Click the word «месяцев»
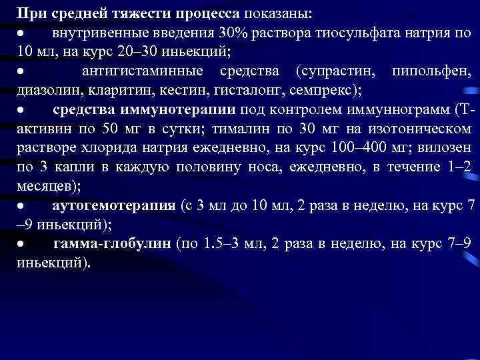(x=41, y=185)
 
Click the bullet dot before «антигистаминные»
(x=21, y=71)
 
